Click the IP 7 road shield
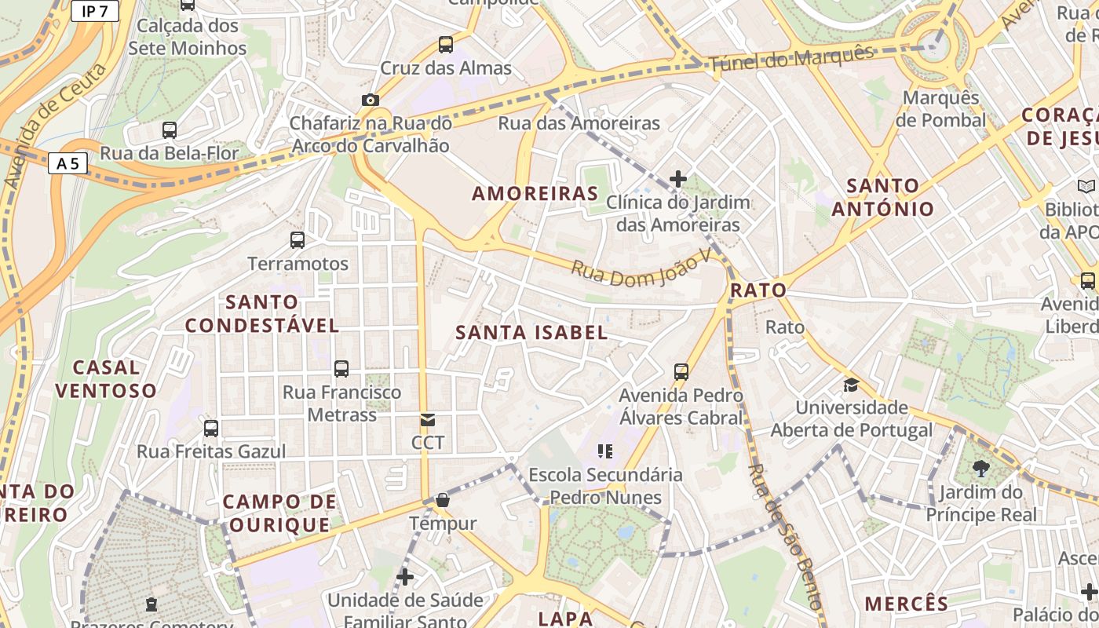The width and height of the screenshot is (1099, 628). pyautogui.click(x=94, y=11)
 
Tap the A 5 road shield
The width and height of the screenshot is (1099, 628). pyautogui.click(x=68, y=163)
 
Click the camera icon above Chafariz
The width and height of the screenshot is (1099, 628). pyautogui.click(x=371, y=100)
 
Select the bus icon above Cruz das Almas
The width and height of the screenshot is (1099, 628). pyautogui.click(x=446, y=45)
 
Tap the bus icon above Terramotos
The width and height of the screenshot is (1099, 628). pyautogui.click(x=298, y=240)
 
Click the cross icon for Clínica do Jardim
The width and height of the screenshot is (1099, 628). pyautogui.click(x=678, y=179)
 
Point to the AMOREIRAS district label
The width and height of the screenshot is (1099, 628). pyautogui.click(x=535, y=193)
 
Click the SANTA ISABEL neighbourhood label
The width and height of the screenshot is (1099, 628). pyautogui.click(x=531, y=332)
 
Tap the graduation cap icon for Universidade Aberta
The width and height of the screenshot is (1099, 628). pyautogui.click(x=851, y=385)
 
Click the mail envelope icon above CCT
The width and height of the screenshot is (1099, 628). pyautogui.click(x=428, y=420)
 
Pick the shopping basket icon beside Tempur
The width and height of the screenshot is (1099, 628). pyautogui.click(x=443, y=500)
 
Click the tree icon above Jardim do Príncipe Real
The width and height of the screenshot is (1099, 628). pyautogui.click(x=980, y=469)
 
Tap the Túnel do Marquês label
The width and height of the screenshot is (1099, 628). pyautogui.click(x=791, y=60)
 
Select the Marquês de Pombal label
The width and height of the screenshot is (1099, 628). pyautogui.click(x=941, y=109)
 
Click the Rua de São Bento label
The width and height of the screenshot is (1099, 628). pyautogui.click(x=785, y=537)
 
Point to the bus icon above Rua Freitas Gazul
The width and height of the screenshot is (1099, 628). pyautogui.click(x=211, y=429)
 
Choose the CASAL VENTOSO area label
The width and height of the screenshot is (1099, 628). pyautogui.click(x=106, y=378)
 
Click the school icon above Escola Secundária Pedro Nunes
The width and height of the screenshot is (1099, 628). pyautogui.click(x=604, y=451)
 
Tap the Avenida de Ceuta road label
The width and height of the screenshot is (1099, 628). pyautogui.click(x=55, y=126)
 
